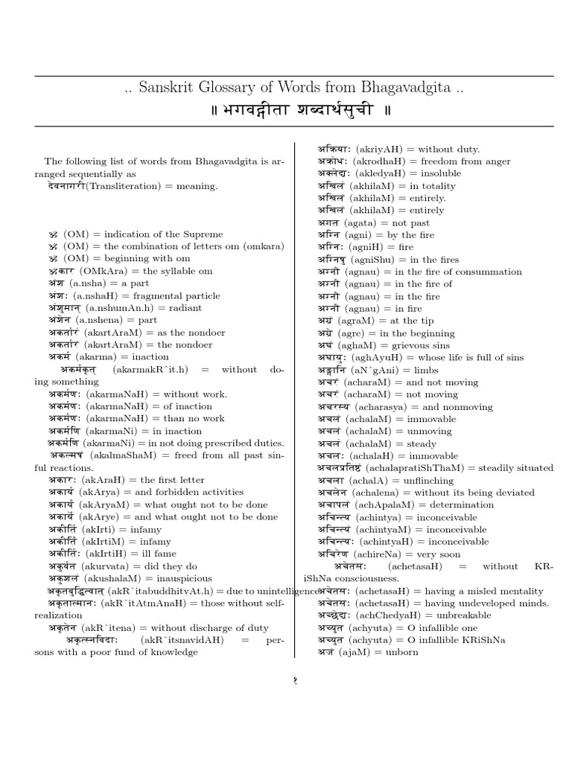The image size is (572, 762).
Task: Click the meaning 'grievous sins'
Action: [x=430, y=345]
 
